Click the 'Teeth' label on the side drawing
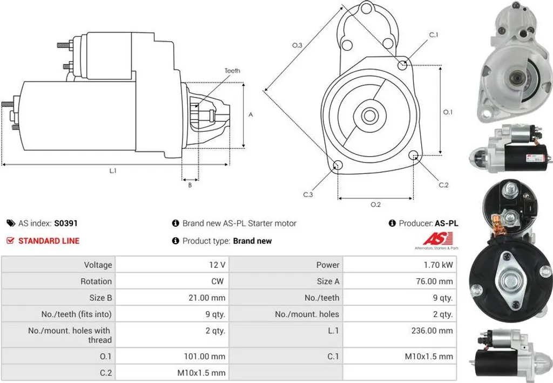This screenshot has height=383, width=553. [x=232, y=71]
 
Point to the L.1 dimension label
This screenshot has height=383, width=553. [x=112, y=171]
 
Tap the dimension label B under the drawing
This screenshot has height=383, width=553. [x=190, y=185]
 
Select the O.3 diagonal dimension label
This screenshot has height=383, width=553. [x=297, y=45]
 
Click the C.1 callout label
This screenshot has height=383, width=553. [x=434, y=35]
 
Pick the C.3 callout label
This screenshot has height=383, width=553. [x=308, y=194]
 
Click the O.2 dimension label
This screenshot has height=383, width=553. [x=376, y=205]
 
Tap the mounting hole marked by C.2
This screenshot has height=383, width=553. [x=414, y=155]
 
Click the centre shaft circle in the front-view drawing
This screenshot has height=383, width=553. [x=369, y=116]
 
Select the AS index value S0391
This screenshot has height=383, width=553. [x=65, y=223]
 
